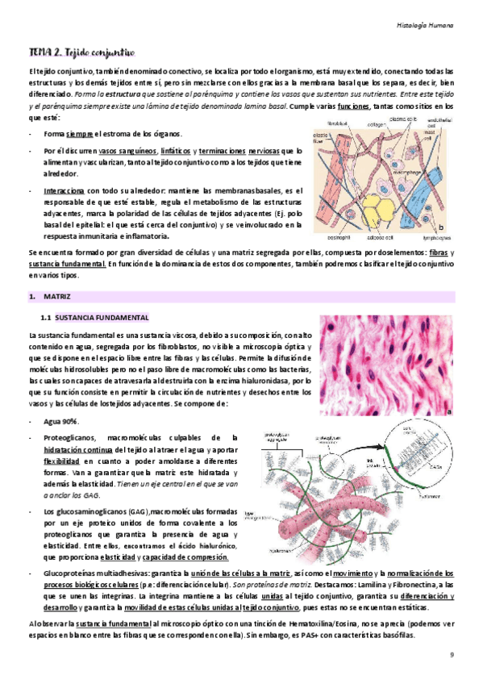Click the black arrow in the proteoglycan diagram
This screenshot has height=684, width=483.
[x=332, y=453]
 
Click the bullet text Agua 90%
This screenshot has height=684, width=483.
[x=62, y=423]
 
